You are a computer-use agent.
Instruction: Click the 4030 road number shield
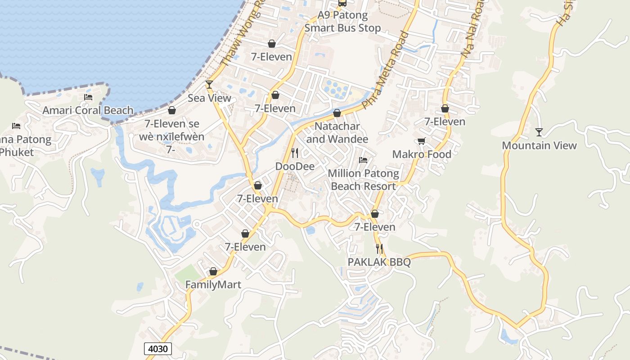pos(158,349)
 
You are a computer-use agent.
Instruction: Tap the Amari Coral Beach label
pos(88,110)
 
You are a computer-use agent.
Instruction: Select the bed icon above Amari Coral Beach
pos(88,97)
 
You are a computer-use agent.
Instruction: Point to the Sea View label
pos(209,98)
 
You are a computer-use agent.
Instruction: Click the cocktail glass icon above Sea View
pos(209,84)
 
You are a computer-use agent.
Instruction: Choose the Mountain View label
pos(539,145)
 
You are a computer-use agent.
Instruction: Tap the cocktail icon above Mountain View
pos(539,132)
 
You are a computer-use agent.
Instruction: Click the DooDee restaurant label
pos(295,166)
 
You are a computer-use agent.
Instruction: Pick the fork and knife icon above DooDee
pos(295,153)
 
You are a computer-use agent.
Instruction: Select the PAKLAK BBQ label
pos(379,262)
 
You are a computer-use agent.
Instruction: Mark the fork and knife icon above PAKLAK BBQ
pos(379,248)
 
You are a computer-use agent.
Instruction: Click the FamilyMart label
pos(213,285)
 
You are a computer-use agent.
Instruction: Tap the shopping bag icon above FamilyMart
pos(213,272)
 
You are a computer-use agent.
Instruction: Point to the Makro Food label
pos(422,154)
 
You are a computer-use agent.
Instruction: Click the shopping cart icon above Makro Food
pos(422,141)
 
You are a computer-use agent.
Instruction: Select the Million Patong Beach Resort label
pos(363,180)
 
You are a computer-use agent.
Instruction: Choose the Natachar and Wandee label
pos(337,133)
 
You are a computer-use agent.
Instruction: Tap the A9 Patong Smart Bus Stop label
pos(342,22)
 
